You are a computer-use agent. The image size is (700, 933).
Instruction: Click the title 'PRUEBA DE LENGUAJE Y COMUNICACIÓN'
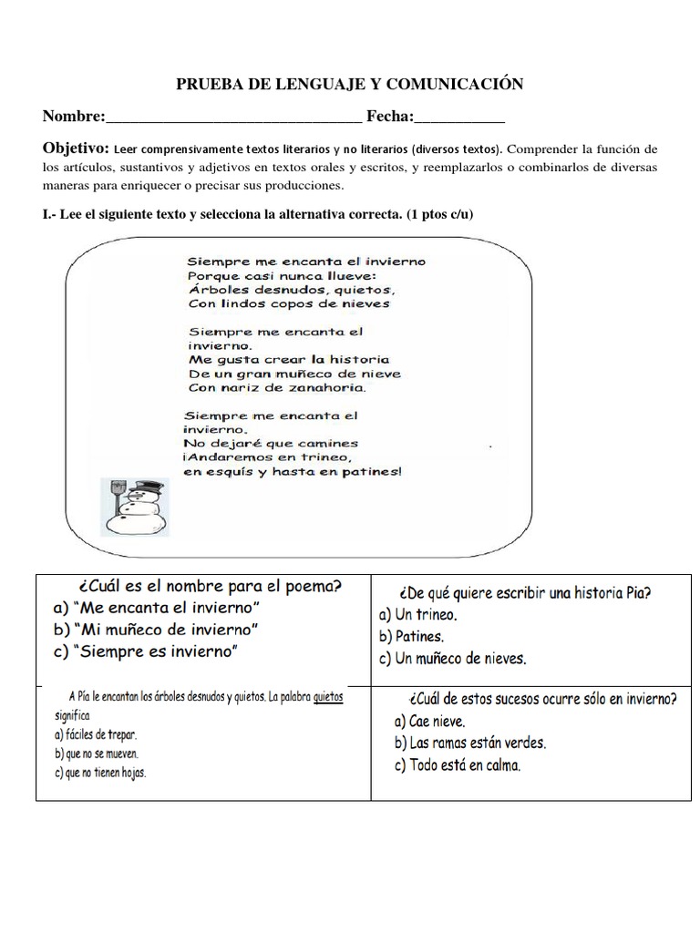(x=349, y=85)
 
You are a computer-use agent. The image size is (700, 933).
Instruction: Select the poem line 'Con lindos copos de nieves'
(x=288, y=303)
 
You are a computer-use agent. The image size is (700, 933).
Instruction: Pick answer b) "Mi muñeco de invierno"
(x=156, y=630)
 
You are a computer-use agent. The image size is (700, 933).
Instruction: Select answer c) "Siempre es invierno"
(x=145, y=651)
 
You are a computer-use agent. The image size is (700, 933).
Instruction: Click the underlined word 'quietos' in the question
(x=328, y=697)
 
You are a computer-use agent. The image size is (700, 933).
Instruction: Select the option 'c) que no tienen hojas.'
(x=100, y=773)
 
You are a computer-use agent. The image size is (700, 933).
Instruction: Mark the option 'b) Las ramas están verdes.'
(x=470, y=743)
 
